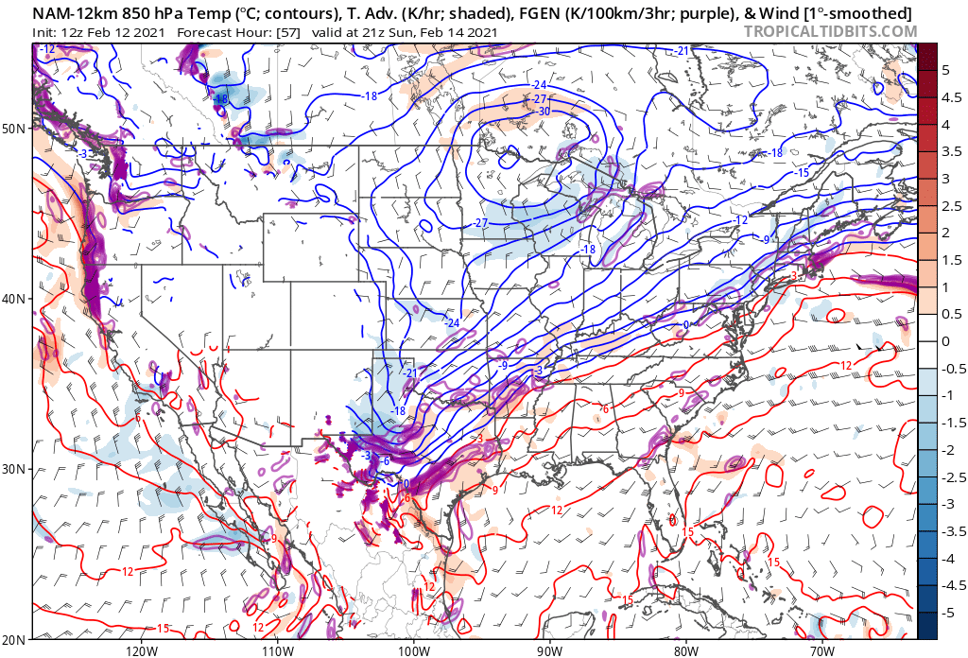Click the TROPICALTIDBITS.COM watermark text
(x=830, y=31)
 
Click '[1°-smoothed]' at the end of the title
(x=867, y=13)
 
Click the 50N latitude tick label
(x=15, y=128)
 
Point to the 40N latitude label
(x=15, y=299)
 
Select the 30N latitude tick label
(x=15, y=470)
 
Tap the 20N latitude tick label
(x=15, y=639)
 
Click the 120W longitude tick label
(x=140, y=650)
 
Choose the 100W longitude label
(x=413, y=650)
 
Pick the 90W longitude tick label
(x=549, y=650)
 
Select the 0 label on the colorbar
(x=945, y=341)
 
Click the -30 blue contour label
(x=544, y=112)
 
